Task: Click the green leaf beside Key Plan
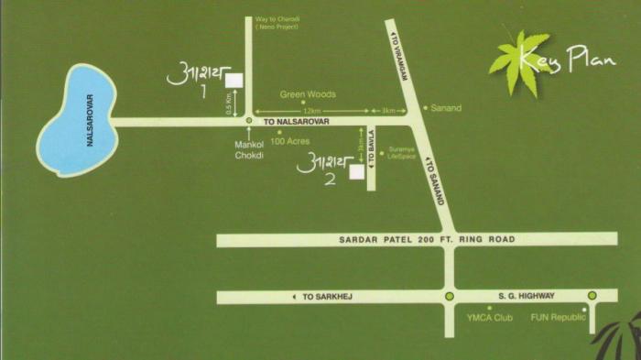[516, 55]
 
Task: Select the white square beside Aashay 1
[234, 80]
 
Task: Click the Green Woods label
[308, 94]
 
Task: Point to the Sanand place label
[447, 108]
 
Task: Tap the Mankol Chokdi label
[249, 149]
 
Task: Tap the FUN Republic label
[558, 318]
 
